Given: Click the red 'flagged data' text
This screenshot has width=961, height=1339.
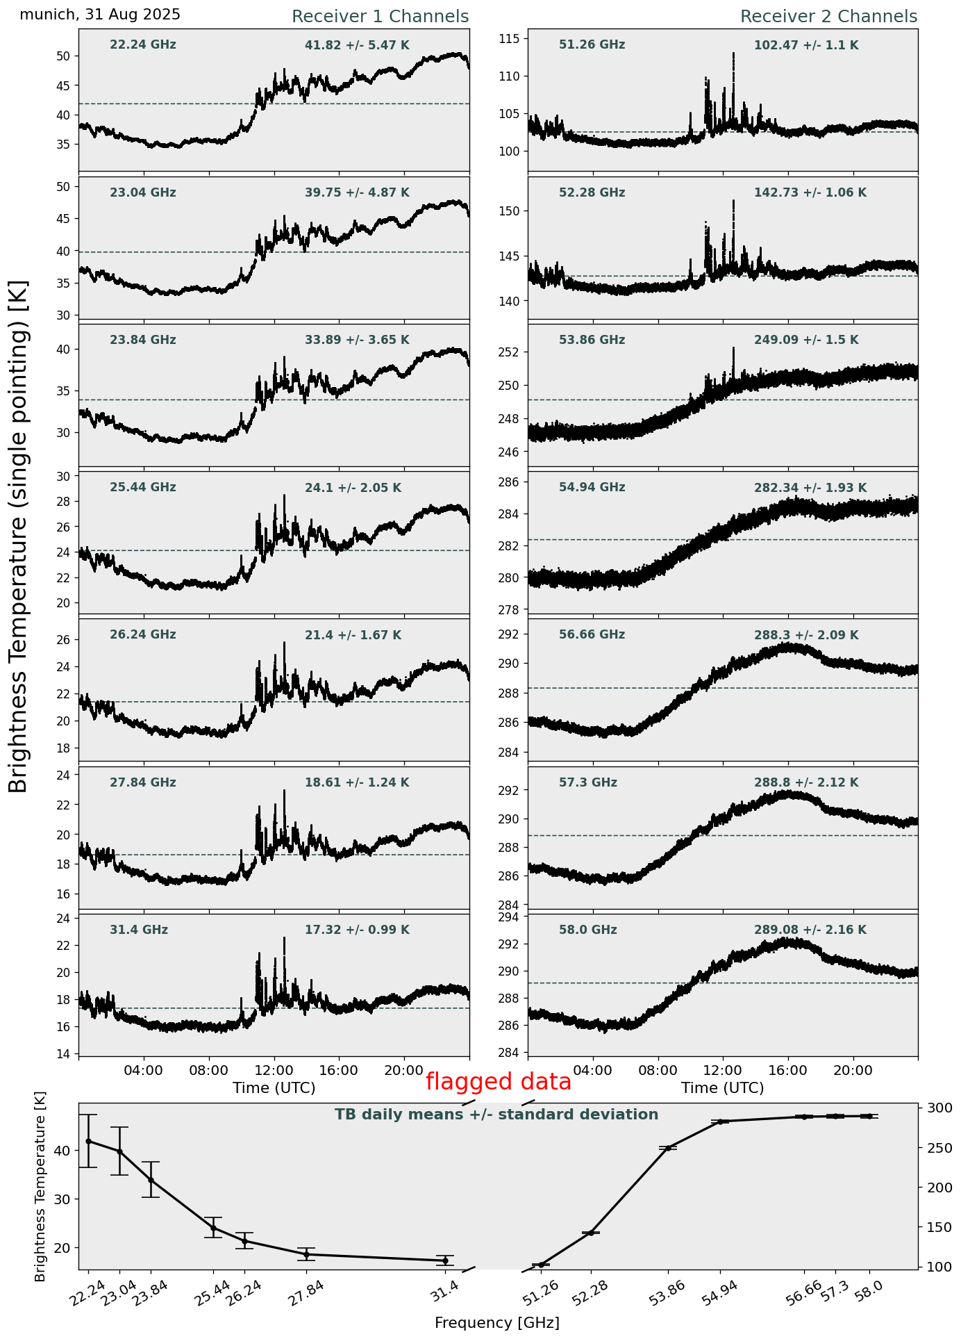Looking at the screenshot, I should (498, 1082).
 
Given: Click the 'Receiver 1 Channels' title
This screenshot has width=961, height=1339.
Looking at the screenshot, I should (380, 17).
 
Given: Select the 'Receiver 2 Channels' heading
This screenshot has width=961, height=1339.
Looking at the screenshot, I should (828, 17).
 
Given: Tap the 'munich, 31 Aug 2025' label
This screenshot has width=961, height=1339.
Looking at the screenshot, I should (100, 15).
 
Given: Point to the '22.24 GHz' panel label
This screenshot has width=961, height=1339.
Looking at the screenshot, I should (143, 45).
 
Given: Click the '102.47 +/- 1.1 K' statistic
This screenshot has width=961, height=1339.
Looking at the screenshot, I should (806, 46).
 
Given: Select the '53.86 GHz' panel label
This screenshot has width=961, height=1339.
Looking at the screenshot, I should (592, 340).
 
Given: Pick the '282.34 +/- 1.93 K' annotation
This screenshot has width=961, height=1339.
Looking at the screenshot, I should (810, 488).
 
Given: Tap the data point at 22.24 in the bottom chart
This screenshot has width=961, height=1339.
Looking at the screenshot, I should (88, 1141).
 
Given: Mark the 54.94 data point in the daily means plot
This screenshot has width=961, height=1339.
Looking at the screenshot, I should (720, 1122).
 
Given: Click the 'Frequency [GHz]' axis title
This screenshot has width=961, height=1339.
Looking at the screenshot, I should (496, 1322).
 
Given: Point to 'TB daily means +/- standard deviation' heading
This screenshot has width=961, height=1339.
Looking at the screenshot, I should (496, 1115).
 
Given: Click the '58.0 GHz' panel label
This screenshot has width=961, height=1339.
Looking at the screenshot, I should (587, 930).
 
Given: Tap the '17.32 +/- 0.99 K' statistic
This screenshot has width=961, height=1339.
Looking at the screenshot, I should (357, 930).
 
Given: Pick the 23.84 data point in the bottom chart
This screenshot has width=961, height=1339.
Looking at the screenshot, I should (151, 1180).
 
